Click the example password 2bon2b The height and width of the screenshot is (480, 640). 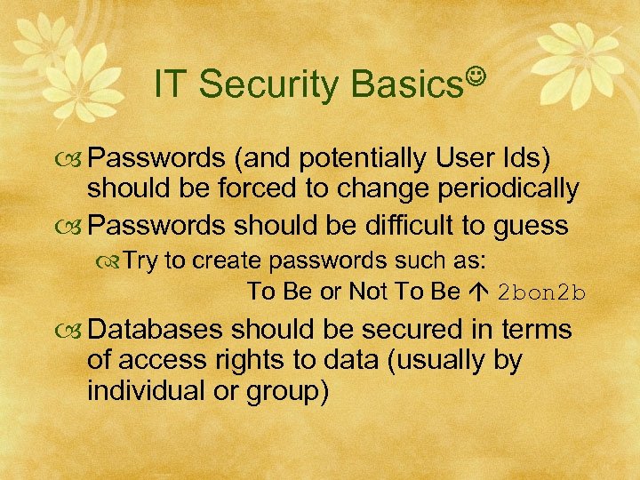click(x=542, y=292)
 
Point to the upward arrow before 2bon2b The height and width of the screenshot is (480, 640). click(x=478, y=292)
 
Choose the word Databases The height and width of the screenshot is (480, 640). click(x=157, y=329)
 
